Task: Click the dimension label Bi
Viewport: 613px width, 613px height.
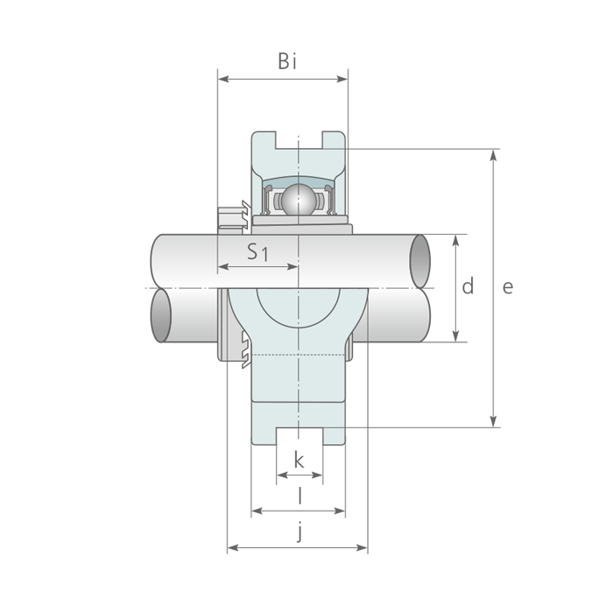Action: click(287, 61)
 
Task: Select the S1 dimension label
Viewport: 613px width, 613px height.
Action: click(258, 252)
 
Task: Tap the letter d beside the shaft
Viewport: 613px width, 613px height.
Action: click(468, 285)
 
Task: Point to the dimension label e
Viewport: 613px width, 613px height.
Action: click(507, 287)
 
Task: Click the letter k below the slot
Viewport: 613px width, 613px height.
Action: click(299, 460)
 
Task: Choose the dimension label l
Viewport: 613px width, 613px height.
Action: click(299, 496)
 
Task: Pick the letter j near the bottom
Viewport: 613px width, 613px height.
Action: click(299, 532)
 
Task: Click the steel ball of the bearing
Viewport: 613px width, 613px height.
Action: click(299, 200)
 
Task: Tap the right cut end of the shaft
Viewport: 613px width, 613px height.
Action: click(419, 262)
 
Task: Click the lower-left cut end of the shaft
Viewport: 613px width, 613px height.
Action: click(161, 315)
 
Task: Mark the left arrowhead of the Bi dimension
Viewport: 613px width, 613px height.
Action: click(223, 80)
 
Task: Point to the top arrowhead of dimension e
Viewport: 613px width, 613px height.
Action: click(494, 155)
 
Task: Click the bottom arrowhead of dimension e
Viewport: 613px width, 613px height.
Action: click(494, 421)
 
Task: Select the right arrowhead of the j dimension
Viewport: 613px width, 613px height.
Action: click(362, 547)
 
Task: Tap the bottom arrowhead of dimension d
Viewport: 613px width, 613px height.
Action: click(455, 336)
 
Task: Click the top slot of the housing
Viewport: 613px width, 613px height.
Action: click(299, 140)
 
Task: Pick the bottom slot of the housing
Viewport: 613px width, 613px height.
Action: click(299, 436)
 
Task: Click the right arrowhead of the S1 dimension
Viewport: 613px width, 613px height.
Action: click(292, 267)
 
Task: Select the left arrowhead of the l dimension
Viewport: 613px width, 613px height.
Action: click(257, 511)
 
